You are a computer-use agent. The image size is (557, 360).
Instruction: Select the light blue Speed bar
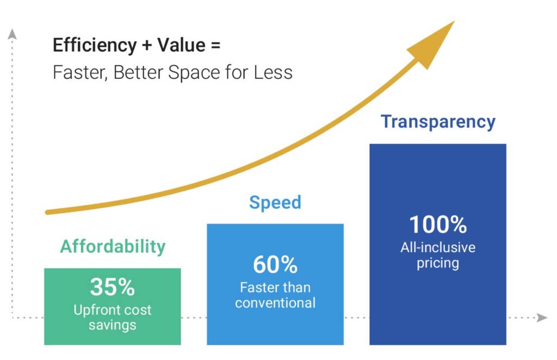[x=275, y=326]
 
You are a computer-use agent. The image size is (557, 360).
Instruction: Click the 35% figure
[x=112, y=287]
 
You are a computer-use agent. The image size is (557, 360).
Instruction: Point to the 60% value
[x=275, y=265]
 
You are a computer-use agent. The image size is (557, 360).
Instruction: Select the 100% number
[x=438, y=225]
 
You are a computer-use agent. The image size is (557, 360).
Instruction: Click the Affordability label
[x=113, y=246]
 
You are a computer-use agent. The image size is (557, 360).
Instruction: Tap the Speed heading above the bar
[x=275, y=202]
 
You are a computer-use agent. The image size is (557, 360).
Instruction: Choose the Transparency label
[x=438, y=121]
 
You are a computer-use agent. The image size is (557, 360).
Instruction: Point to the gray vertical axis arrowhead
[x=13, y=34]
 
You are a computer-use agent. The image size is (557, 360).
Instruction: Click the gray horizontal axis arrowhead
[x=542, y=318]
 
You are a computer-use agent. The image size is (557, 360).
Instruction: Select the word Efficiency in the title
[x=94, y=45]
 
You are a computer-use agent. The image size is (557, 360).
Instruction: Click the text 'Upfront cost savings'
[x=112, y=318]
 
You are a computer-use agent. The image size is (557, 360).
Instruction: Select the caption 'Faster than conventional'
[x=275, y=295]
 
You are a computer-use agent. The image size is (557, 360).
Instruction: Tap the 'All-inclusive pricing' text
[x=438, y=256]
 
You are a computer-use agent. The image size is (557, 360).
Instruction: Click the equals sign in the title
[x=215, y=46]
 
